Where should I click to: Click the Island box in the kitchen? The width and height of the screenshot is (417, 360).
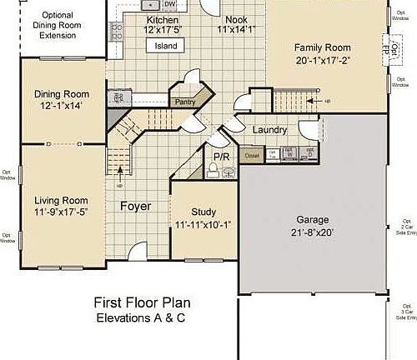[x=166, y=47]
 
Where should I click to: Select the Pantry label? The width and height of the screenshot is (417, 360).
[x=184, y=102]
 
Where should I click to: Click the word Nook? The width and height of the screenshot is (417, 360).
[x=236, y=19]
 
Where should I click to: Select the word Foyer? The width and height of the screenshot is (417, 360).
[x=135, y=206]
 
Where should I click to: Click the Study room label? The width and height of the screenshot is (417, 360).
[x=203, y=212]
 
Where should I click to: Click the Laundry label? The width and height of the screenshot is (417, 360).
[x=269, y=130]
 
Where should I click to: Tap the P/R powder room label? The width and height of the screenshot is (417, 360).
[x=221, y=156]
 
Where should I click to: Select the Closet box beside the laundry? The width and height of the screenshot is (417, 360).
[x=250, y=154]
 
